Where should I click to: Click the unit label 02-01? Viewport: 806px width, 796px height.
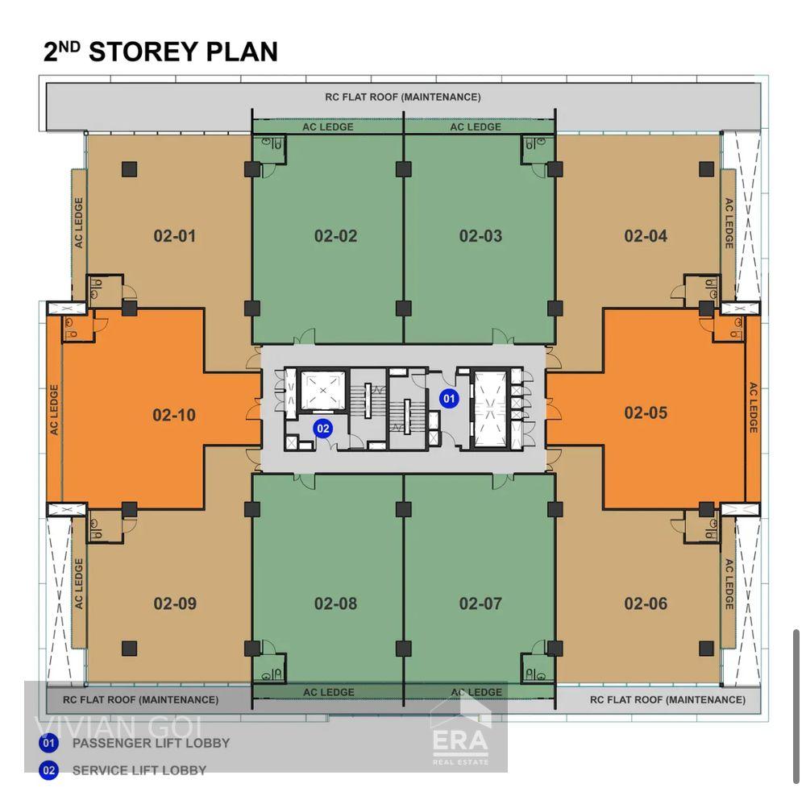[175, 236]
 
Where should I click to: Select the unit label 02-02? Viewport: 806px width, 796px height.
[335, 236]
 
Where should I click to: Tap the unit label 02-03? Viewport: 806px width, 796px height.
[480, 236]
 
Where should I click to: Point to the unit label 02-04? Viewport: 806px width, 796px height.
[646, 236]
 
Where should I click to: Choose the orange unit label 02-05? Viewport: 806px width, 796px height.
[646, 413]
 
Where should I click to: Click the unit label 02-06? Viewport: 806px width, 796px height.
[646, 603]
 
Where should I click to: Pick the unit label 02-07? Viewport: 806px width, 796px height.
[480, 603]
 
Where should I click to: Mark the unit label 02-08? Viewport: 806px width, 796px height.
[335, 603]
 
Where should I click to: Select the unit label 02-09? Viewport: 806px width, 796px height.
[175, 603]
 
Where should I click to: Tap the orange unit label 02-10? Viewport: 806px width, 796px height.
[174, 416]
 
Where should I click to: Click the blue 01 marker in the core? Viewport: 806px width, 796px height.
[448, 397]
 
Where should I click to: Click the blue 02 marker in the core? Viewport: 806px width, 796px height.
[323, 428]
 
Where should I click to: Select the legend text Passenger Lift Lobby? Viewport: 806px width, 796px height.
[151, 743]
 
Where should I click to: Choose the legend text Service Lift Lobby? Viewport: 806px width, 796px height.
[139, 770]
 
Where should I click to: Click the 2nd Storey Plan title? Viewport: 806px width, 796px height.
[160, 52]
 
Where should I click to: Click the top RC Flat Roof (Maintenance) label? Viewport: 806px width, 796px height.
[403, 97]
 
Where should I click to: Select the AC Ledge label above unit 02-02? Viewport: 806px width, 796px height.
[327, 126]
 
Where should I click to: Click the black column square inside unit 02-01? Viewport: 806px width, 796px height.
[129, 168]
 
